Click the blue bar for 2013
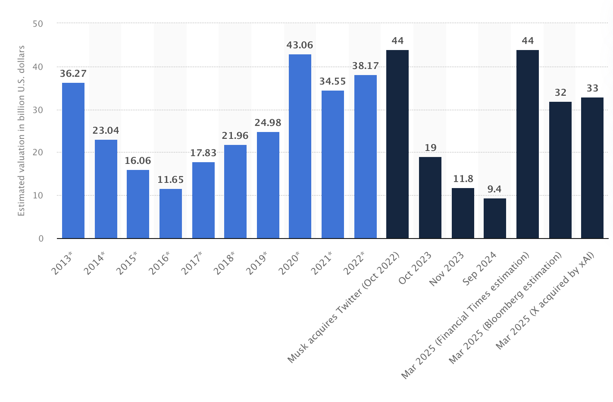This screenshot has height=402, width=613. pyautogui.click(x=73, y=160)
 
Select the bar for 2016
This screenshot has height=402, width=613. pyautogui.click(x=171, y=214)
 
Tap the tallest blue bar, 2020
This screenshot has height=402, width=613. pyautogui.click(x=300, y=146)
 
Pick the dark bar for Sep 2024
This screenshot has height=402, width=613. pyautogui.click(x=495, y=218)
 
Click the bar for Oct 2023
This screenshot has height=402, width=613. pyautogui.click(x=430, y=198)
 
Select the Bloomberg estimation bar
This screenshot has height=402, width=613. pyautogui.click(x=560, y=170)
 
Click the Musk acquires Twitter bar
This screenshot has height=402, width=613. pyautogui.click(x=397, y=144)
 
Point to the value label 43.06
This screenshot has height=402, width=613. pyautogui.click(x=300, y=45)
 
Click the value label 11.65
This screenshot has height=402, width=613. pyautogui.click(x=171, y=180)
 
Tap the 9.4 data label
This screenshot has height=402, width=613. pyautogui.click(x=495, y=189)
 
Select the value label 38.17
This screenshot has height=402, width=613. pyautogui.click(x=366, y=66)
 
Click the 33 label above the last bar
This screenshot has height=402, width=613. pyautogui.click(x=592, y=88)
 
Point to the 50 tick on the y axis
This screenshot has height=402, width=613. pyautogui.click(x=38, y=24)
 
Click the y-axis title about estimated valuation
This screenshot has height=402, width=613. pyautogui.click(x=22, y=130)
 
